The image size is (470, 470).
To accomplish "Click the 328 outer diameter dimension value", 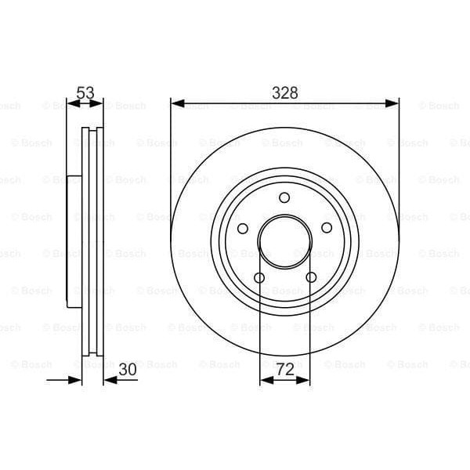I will (x=284, y=92).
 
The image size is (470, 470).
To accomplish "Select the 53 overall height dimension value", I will (x=85, y=92).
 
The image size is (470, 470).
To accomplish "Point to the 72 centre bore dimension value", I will (x=284, y=368).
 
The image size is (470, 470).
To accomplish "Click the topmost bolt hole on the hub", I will (x=284, y=197).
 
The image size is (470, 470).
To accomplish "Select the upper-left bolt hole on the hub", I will (x=243, y=228).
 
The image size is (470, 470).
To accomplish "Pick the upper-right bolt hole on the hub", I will (x=327, y=228).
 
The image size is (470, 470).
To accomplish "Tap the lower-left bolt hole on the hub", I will (x=258, y=277).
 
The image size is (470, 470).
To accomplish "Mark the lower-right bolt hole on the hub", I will (x=311, y=277).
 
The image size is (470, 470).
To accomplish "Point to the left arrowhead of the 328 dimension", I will (x=176, y=103).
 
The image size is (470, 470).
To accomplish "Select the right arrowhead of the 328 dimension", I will (x=393, y=103).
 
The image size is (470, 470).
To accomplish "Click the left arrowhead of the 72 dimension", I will (x=264, y=380).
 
